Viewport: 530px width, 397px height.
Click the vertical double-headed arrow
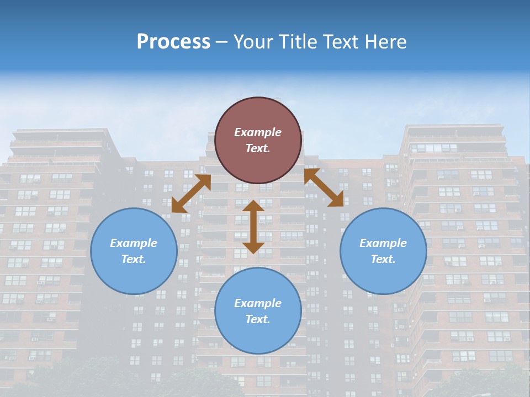[x=253, y=227]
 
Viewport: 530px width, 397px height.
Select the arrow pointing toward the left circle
[x=191, y=194]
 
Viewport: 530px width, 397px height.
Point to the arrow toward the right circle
[x=324, y=187]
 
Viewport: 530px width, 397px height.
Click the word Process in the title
[x=173, y=42]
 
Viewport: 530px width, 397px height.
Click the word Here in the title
[x=386, y=42]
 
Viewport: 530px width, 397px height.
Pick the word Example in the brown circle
[x=258, y=132]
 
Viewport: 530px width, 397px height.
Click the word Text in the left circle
[x=134, y=259]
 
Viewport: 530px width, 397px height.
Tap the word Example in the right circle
[x=383, y=243]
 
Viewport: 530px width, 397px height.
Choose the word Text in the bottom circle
[x=258, y=319]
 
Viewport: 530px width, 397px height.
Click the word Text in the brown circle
[x=258, y=148]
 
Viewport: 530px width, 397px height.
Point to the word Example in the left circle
[x=134, y=243]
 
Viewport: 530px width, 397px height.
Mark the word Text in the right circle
[x=383, y=259]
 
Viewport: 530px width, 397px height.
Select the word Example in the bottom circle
[x=258, y=303]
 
